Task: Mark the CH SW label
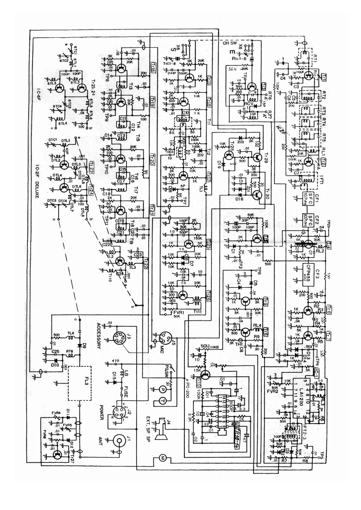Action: coord(227,44)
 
